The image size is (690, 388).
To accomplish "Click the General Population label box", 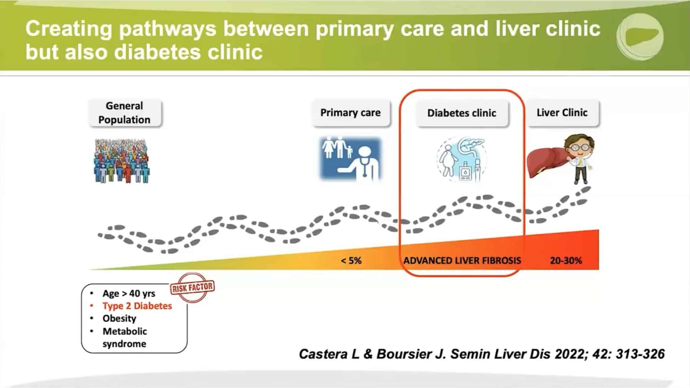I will coord(124,113).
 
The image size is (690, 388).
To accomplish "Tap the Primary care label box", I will coord(350,113).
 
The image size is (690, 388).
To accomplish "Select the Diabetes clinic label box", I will coord(462,113).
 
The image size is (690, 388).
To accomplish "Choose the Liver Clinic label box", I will coord(562,113).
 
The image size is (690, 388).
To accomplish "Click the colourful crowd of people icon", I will coord(122,161).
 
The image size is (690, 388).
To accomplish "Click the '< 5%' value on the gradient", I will coord(351,261).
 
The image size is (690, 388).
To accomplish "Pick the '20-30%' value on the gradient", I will coord(566,261).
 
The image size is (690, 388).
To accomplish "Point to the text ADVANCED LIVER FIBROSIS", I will coord(462,261).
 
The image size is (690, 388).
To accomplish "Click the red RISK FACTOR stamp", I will coord(192,287).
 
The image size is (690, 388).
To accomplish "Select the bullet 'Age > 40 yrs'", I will coord(129,294).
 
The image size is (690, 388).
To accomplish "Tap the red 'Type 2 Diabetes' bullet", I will coord(137,306).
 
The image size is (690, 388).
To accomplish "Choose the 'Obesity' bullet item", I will coord(119,319).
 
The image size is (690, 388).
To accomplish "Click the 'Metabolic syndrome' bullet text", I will coord(125,337).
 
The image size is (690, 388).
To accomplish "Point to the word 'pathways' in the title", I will coord(167,29).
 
